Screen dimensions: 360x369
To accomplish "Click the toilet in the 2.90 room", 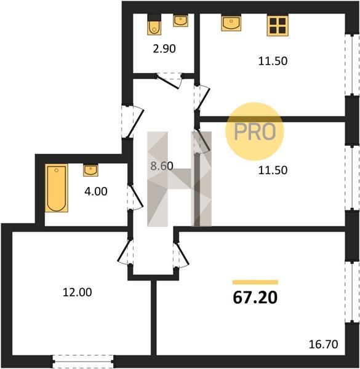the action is click(154, 25).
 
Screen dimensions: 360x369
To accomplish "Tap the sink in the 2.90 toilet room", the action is click(180, 21).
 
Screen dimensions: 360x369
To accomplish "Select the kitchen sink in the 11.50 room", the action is click(231, 23).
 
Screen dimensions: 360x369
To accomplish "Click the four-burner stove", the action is click(278, 26).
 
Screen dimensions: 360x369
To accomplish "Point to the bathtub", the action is click(57, 188).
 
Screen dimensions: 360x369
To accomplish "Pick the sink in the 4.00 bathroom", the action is click(90, 170).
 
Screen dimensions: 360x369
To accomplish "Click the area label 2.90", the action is click(164, 49).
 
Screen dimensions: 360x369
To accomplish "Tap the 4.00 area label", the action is click(96, 191).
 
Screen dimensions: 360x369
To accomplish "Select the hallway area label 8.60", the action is click(162, 166).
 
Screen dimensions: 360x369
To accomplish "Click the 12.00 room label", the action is click(78, 292).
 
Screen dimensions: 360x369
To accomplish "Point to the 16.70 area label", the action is click(324, 344).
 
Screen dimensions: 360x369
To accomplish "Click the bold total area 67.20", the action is click(255, 298).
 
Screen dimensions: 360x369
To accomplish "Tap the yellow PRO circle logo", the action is click(255, 132).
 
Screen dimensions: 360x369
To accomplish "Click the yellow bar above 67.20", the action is click(255, 282).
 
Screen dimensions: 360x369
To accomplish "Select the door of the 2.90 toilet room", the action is click(169, 81).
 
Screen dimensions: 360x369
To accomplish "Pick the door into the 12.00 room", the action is click(125, 252).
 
